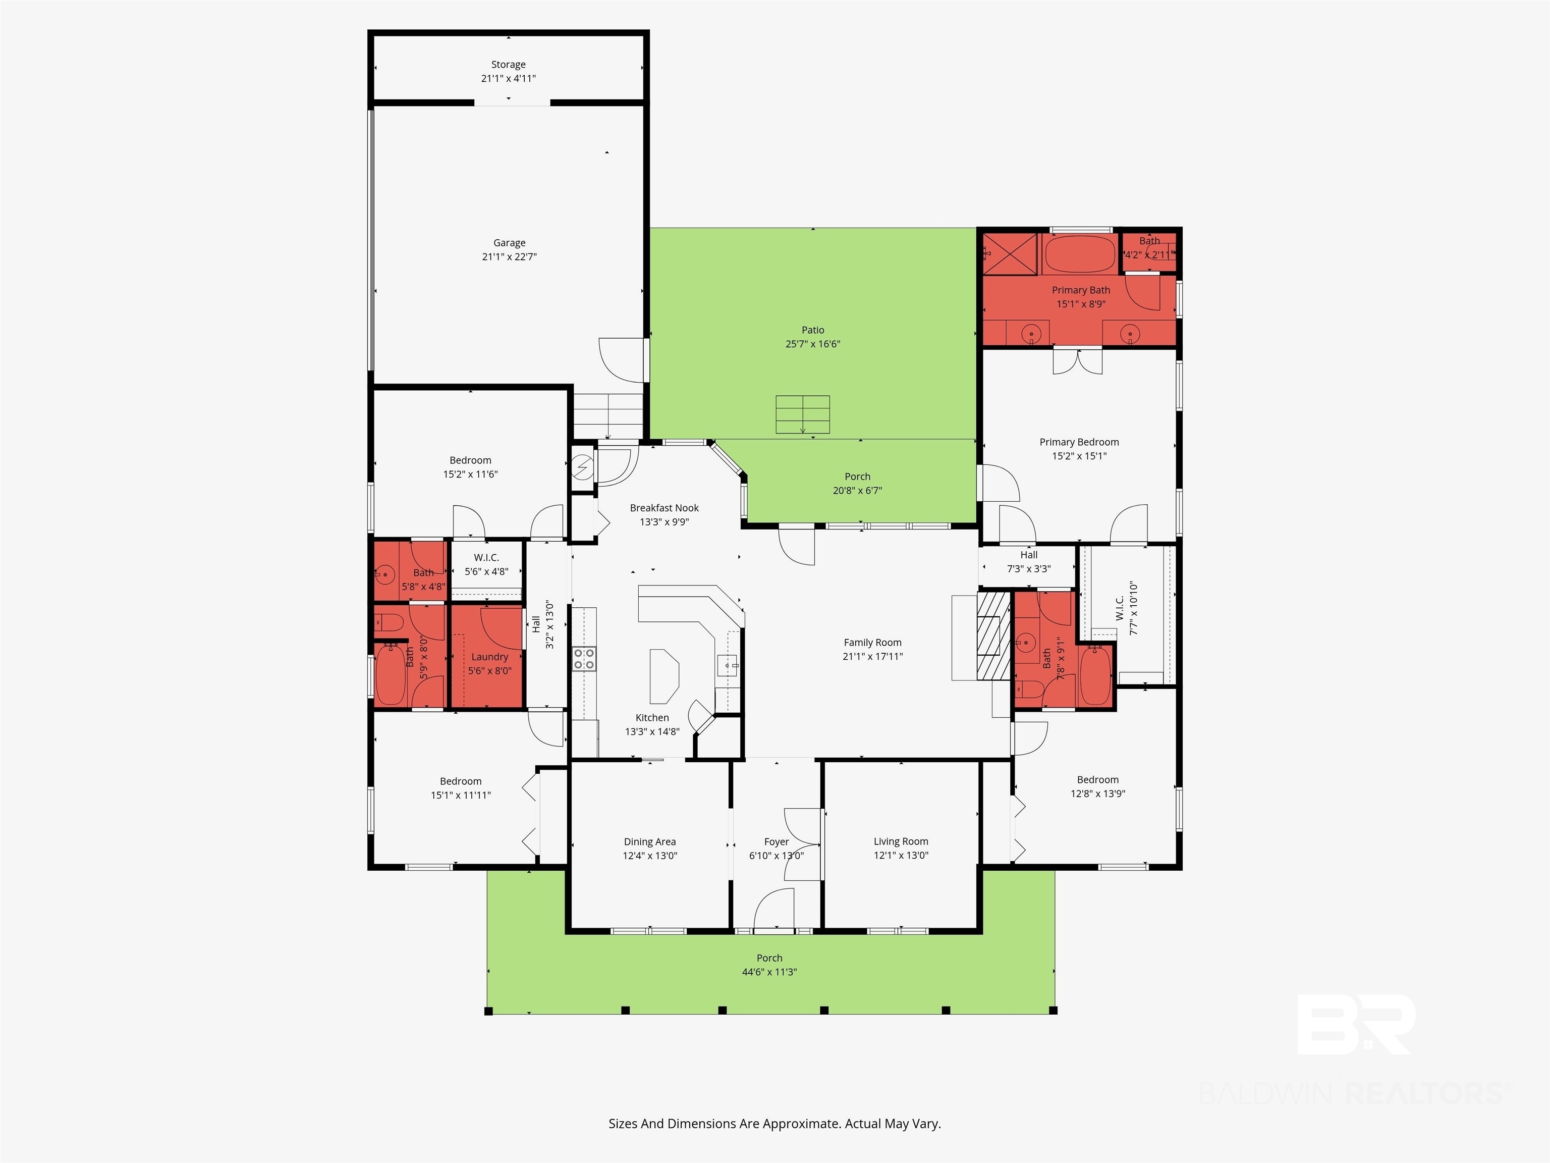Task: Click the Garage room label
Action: (x=510, y=243)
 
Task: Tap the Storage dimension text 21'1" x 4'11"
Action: (x=509, y=79)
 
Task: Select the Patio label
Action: (x=813, y=330)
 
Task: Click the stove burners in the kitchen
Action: (x=584, y=659)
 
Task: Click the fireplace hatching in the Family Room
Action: (x=993, y=635)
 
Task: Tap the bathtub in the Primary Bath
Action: (x=1080, y=254)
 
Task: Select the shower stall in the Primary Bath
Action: (x=1010, y=254)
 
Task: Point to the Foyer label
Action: (x=777, y=841)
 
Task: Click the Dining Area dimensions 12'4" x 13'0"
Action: (x=649, y=855)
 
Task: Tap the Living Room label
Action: (x=901, y=841)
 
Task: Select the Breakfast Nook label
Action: (x=665, y=507)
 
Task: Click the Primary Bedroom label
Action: (x=1079, y=442)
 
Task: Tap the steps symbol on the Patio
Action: (x=802, y=414)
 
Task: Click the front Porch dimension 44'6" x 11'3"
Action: (x=769, y=972)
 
